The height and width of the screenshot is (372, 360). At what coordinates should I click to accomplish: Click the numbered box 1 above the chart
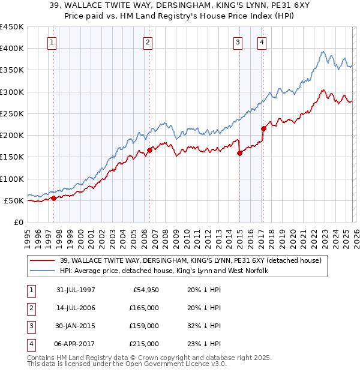pyautogui.click(x=53, y=42)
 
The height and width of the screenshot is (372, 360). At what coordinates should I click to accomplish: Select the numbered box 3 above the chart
pyautogui.click(x=239, y=42)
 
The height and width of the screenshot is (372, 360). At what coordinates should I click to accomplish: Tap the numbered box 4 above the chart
pyautogui.click(x=262, y=42)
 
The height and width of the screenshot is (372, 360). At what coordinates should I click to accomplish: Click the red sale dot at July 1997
pyautogui.click(x=54, y=198)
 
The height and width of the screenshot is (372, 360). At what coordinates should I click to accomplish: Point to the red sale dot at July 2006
pyautogui.click(x=149, y=151)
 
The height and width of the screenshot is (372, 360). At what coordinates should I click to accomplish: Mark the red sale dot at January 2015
pyautogui.click(x=239, y=153)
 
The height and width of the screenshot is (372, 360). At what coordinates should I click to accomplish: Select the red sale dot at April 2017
pyautogui.click(x=263, y=128)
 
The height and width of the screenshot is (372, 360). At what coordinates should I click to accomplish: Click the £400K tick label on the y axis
pyautogui.click(x=12, y=49)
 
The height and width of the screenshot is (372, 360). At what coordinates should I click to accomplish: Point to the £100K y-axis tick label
pyautogui.click(x=12, y=179)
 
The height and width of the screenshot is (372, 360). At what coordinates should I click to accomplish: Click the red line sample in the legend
pyautogui.click(x=43, y=260)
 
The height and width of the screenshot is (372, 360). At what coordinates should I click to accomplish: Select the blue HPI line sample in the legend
pyautogui.click(x=43, y=271)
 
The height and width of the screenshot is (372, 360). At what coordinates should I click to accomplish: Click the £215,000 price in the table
pyautogui.click(x=145, y=344)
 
